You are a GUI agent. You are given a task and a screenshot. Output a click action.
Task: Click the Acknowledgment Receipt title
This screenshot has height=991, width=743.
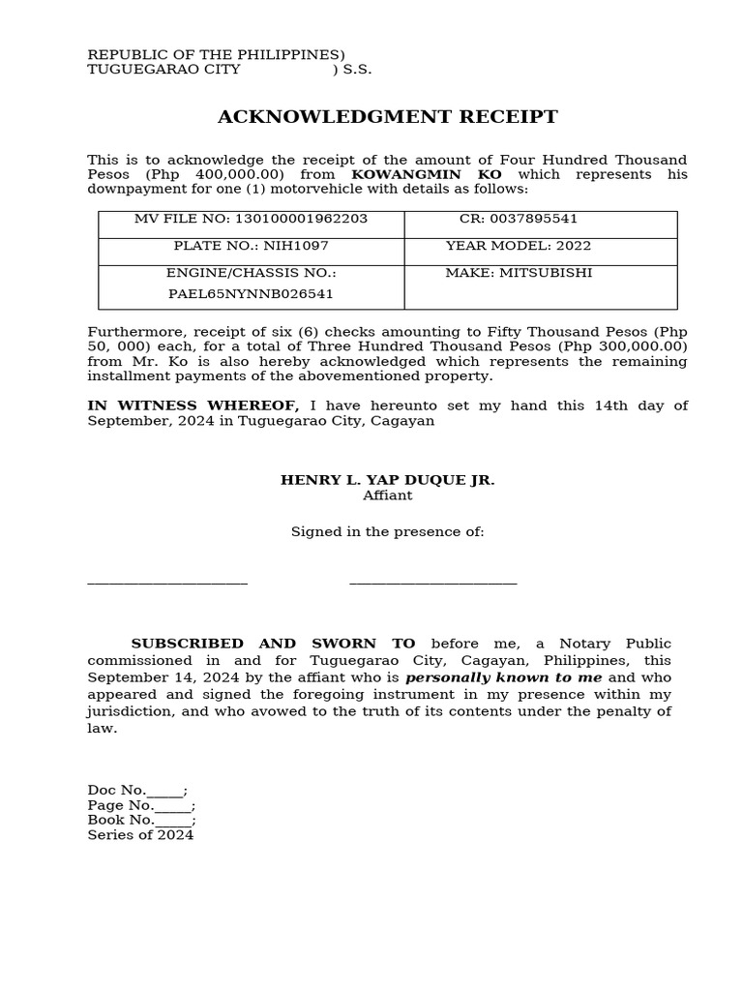click(x=387, y=117)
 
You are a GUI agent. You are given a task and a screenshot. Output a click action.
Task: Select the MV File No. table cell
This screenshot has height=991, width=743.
click(x=251, y=219)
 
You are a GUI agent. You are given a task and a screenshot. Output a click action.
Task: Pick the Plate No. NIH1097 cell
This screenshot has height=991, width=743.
click(x=251, y=246)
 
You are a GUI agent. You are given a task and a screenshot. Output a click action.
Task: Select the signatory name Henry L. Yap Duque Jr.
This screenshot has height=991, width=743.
click(x=387, y=480)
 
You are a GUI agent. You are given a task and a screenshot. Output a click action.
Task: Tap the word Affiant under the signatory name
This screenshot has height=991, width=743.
click(x=387, y=495)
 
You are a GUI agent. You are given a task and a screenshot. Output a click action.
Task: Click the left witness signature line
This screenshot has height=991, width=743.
click(x=167, y=583)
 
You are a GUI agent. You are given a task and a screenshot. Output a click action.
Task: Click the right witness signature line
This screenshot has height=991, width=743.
click(x=432, y=583)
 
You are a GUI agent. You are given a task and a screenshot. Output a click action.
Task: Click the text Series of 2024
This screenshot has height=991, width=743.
click(x=140, y=834)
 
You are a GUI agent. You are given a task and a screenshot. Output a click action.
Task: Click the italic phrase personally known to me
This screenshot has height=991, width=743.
click(x=503, y=677)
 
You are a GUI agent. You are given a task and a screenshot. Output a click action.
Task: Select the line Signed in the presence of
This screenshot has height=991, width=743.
click(x=387, y=531)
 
